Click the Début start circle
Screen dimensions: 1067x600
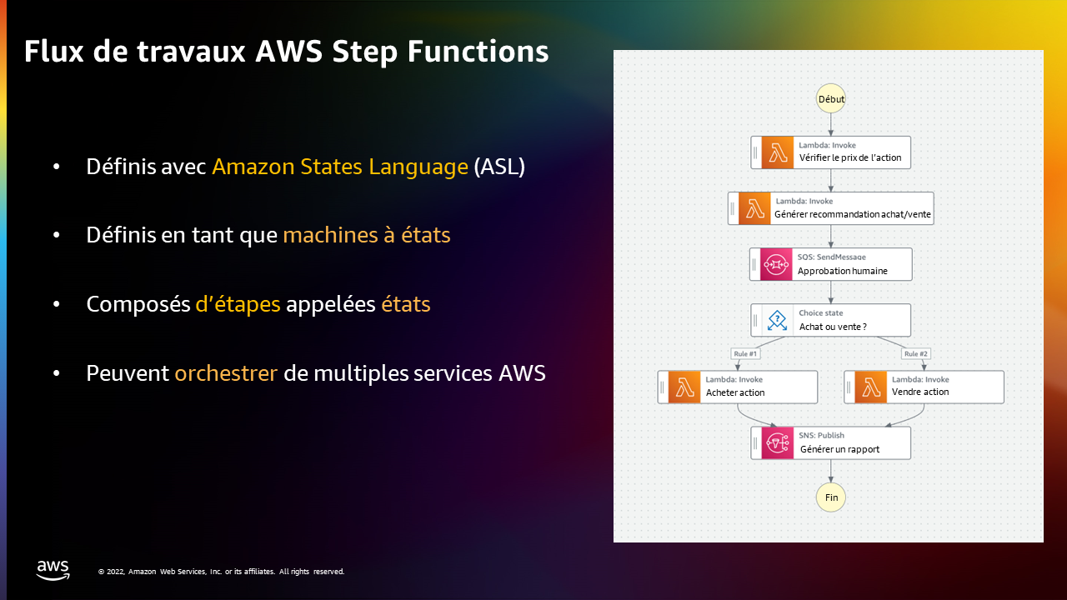tap(831, 98)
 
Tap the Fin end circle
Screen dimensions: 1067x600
tap(831, 497)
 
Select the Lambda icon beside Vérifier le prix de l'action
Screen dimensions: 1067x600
tap(778, 152)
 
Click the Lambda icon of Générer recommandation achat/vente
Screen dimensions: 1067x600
tap(754, 208)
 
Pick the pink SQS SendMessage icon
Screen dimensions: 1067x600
tap(776, 264)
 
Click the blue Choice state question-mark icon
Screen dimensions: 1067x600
tap(778, 320)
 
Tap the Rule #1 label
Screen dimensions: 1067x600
tap(745, 354)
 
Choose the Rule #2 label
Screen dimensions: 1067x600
tap(916, 354)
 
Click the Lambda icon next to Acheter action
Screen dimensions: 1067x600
tap(684, 387)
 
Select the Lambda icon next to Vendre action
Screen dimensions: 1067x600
tap(871, 387)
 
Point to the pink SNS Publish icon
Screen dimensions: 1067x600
tap(778, 442)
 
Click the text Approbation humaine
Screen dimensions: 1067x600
tap(843, 271)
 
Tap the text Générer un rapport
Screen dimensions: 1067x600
tap(839, 449)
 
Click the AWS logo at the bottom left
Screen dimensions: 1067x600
tap(53, 570)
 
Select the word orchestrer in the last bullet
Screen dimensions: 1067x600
tap(226, 372)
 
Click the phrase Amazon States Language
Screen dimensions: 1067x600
tap(340, 167)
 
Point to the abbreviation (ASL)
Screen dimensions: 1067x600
tap(499, 167)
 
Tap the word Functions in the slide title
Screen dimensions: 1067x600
tap(478, 51)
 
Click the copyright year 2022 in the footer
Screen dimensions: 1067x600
tap(116, 572)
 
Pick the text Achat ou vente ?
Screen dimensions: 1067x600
tap(833, 327)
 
